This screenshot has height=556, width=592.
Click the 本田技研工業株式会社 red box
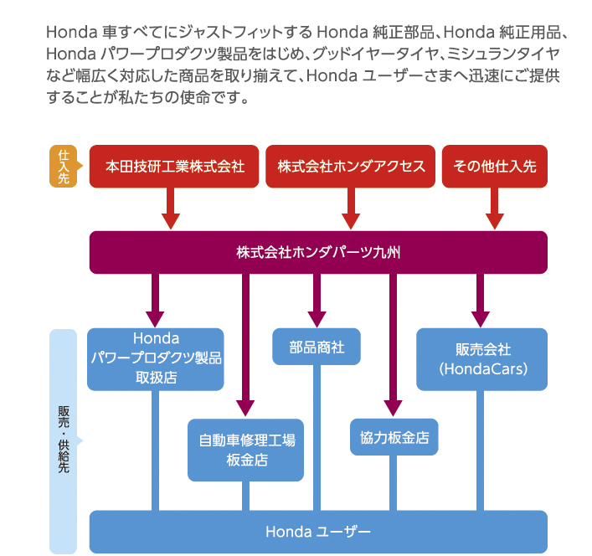pos(175,166)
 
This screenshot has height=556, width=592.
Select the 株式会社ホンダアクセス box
pos(351,166)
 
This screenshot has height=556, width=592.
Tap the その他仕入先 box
pos(495,166)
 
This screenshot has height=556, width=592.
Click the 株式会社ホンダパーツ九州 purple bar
pos(318,252)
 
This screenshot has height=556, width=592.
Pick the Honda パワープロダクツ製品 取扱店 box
pos(156,358)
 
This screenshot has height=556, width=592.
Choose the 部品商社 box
pos(317,347)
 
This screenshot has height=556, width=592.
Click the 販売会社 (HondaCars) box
pos(481,358)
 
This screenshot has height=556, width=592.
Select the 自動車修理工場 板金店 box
pos(245,450)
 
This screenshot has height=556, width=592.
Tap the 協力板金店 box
pos(394,437)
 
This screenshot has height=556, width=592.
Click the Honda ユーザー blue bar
pos(318,531)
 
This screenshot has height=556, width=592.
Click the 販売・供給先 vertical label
pos(64,440)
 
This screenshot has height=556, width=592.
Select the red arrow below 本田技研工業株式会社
pos(171,208)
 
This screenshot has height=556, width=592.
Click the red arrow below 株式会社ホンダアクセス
pos(351,208)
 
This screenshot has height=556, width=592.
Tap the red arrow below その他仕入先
pos(495,208)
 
